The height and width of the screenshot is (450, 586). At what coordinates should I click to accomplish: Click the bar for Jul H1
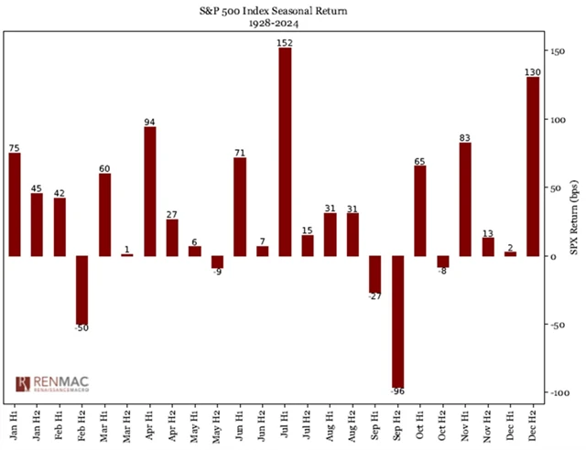(x=285, y=151)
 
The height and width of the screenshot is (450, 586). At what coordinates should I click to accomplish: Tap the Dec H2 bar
(x=532, y=166)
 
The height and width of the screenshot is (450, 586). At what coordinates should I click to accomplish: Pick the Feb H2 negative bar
(x=82, y=289)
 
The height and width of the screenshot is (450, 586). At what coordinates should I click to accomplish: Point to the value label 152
(x=285, y=42)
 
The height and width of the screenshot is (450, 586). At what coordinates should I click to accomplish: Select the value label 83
(x=465, y=137)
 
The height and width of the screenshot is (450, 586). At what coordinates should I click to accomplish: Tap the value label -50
(x=82, y=328)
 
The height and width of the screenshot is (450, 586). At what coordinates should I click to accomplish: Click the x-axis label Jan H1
(x=16, y=422)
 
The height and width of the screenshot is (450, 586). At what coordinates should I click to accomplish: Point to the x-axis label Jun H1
(x=240, y=422)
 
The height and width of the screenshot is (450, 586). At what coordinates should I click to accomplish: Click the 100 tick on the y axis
(x=556, y=120)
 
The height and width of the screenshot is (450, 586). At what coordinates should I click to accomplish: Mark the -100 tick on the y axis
(x=558, y=391)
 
